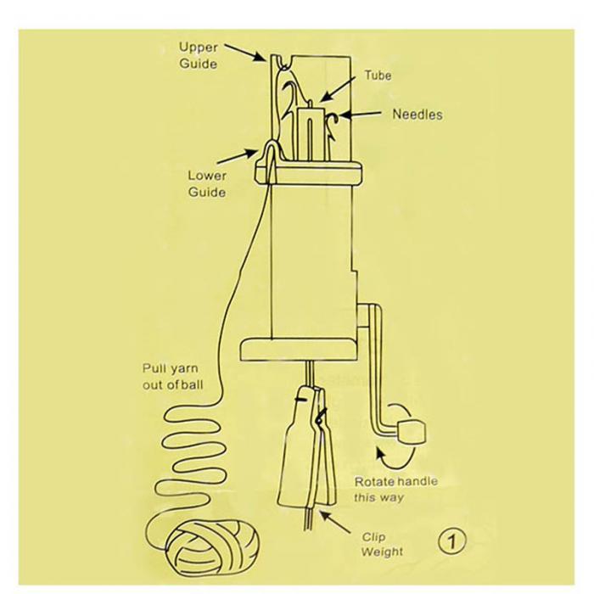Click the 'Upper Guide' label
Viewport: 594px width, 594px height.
pyautogui.click(x=198, y=55)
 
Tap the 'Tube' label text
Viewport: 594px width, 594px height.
pyautogui.click(x=378, y=76)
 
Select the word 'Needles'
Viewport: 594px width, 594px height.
pyautogui.click(x=417, y=114)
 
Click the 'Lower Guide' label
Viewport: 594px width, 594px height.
pyautogui.click(x=207, y=184)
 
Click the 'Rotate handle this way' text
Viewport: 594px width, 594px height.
pyautogui.click(x=395, y=490)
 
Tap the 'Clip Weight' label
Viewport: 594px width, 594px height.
pyautogui.click(x=382, y=545)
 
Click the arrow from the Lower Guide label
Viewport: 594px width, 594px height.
pyautogui.click(x=235, y=159)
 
